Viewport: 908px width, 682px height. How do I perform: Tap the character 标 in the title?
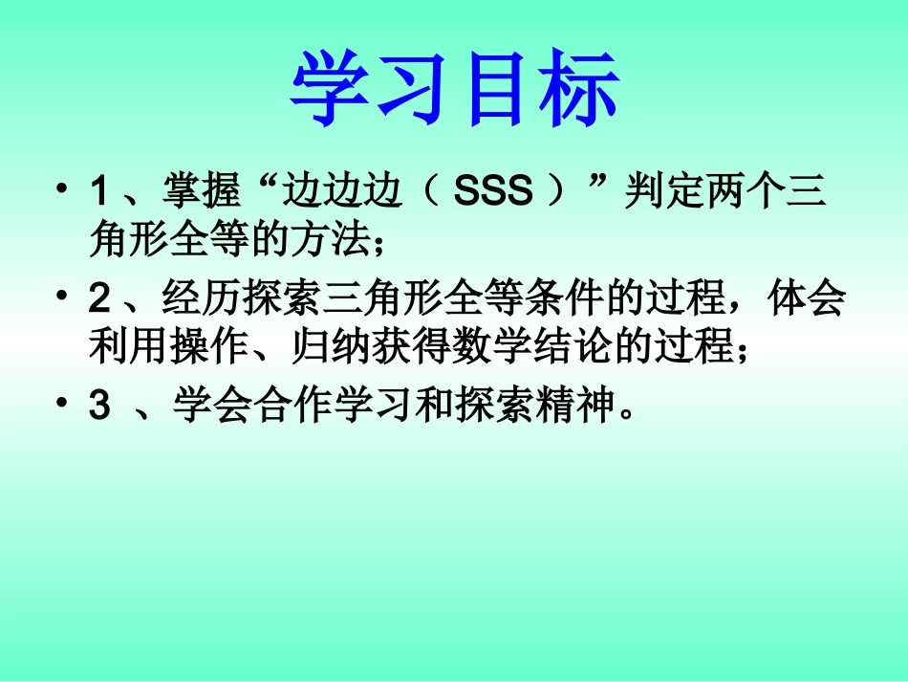pyautogui.click(x=577, y=89)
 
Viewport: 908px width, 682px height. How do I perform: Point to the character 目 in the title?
pyautogui.click(x=495, y=89)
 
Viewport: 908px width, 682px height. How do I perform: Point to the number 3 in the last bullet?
pyautogui.click(x=98, y=408)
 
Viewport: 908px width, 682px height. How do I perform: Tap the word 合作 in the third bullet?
pyautogui.click(x=285, y=408)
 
